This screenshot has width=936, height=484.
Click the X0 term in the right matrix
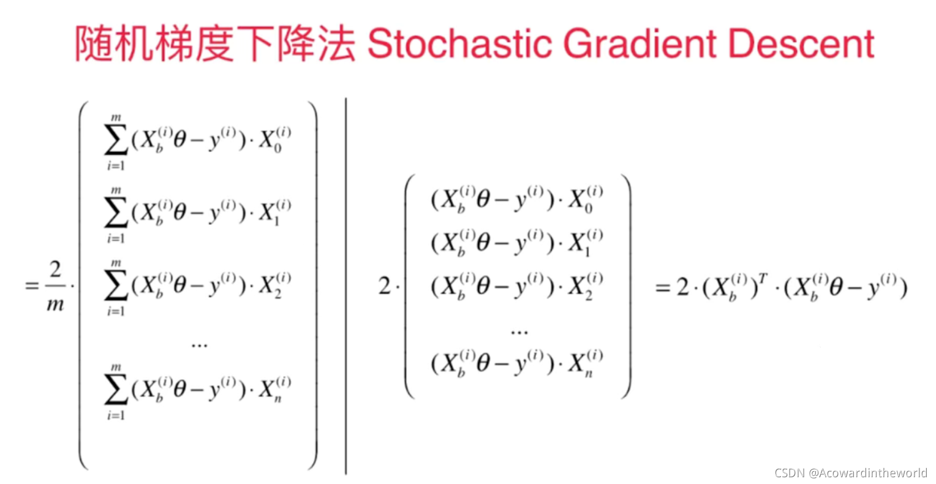pos(585,200)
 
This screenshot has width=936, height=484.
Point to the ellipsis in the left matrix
pos(200,346)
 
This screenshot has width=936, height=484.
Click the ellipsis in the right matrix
pos(519,332)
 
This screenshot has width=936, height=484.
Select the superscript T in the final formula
pos(763,279)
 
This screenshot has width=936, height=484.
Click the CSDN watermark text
pos(851,473)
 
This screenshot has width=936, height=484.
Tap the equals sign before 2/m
pos(31,286)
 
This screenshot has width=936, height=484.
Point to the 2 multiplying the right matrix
pos(385,286)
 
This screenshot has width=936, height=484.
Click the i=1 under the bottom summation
pos(116,415)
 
